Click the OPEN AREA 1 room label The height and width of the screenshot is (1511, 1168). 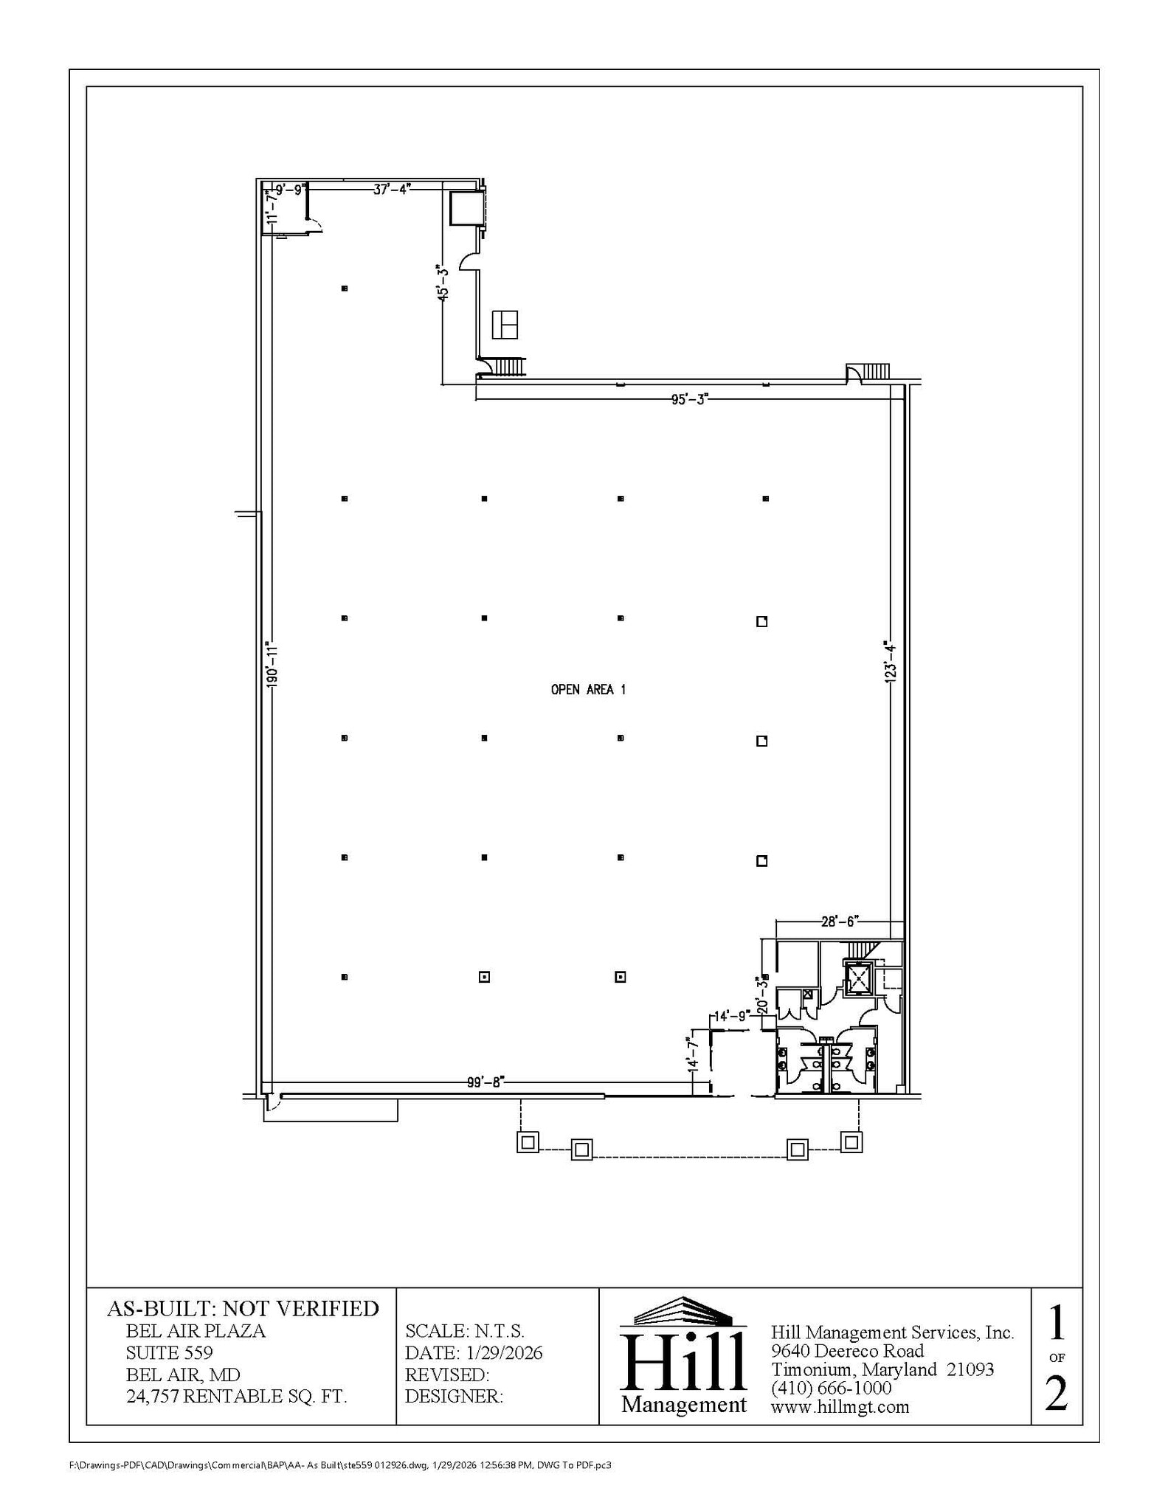[x=588, y=690]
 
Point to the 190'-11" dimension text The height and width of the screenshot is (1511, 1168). [x=272, y=665]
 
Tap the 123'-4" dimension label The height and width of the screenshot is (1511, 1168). [x=891, y=662]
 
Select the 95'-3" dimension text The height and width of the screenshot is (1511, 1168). [x=689, y=399]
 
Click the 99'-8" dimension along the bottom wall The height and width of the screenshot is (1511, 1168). [x=485, y=1082]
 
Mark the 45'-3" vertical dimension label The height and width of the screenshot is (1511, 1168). [x=443, y=283]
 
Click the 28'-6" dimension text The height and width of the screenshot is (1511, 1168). [x=840, y=922]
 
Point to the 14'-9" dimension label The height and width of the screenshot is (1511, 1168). [x=732, y=1016]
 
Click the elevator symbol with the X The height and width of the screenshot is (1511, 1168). [x=858, y=979]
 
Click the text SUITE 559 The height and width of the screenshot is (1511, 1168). [x=170, y=1352]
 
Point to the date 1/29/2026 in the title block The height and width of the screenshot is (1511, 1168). [x=505, y=1352]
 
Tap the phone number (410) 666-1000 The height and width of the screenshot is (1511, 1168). [x=831, y=1388]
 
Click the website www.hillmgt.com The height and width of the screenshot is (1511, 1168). [x=840, y=1407]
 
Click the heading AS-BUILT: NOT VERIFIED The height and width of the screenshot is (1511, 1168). [x=243, y=1309]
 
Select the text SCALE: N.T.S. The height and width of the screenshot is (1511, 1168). [x=465, y=1331]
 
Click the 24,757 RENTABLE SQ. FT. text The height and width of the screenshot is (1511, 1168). [x=236, y=1396]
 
